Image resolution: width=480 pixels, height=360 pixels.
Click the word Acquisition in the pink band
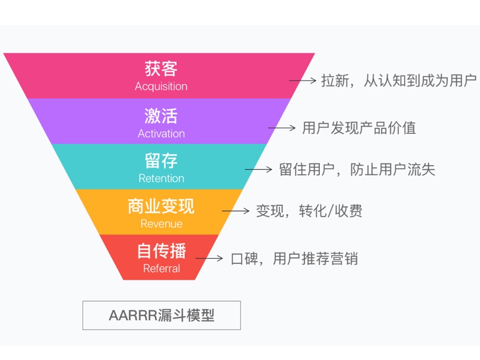[x=161, y=86]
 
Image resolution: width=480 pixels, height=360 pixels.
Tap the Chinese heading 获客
[x=161, y=68]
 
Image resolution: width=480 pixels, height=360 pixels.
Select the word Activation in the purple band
[x=161, y=133]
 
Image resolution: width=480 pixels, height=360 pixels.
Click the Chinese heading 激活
[x=161, y=115]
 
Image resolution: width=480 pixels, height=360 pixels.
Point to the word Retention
[x=161, y=178]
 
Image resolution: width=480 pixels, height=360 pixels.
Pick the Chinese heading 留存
[x=161, y=161]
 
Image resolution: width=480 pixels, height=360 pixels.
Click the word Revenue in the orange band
[x=161, y=224]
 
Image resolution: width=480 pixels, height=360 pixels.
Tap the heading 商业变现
[x=161, y=206]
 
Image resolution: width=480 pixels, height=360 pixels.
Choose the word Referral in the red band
[x=161, y=269]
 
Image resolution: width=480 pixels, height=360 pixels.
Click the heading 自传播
[x=161, y=251]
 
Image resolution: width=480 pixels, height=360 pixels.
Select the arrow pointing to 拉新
[x=302, y=80]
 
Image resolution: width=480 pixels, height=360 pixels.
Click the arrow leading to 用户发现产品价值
[x=281, y=128]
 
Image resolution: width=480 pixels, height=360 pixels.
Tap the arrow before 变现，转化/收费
[x=235, y=211]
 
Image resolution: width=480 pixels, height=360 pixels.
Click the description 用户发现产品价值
[x=359, y=128]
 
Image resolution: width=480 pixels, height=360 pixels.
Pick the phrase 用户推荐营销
[x=316, y=259]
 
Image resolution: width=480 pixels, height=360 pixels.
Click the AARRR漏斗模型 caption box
[x=161, y=315]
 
